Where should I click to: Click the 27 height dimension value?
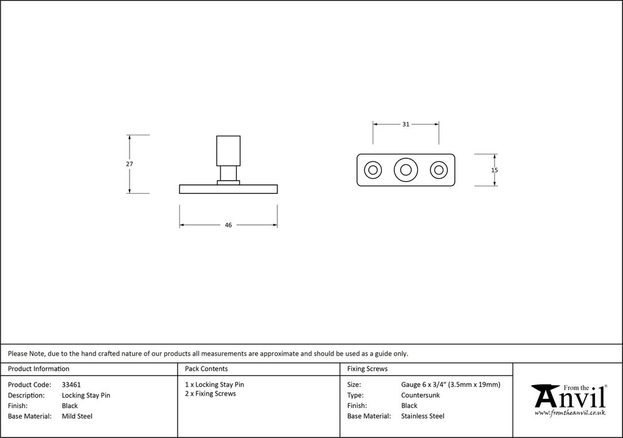tap(130, 164)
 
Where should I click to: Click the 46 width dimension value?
tap(228, 225)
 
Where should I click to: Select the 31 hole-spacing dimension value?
tap(406, 125)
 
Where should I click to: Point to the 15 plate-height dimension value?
tap(494, 170)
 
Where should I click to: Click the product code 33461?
tap(71, 385)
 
